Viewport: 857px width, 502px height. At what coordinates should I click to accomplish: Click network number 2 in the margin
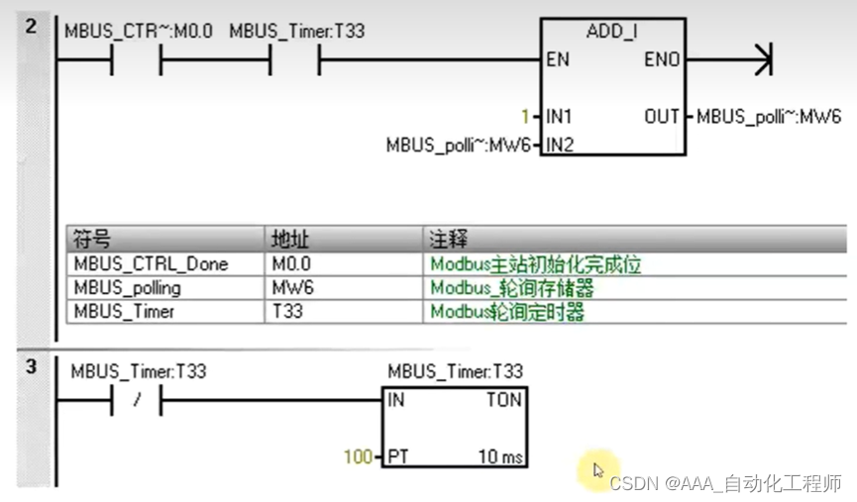(x=31, y=26)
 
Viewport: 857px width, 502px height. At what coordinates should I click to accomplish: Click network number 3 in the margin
(x=31, y=367)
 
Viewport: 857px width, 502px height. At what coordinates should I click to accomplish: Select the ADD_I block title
(x=611, y=31)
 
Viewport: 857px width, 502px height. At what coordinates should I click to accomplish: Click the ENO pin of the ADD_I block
(x=662, y=59)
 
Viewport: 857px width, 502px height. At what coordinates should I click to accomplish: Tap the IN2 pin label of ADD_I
(x=560, y=145)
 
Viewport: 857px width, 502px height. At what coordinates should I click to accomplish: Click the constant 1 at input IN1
(x=526, y=116)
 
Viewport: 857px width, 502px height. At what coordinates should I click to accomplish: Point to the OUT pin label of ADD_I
(x=662, y=116)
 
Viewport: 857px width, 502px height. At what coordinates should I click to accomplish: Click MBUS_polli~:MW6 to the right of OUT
(x=769, y=116)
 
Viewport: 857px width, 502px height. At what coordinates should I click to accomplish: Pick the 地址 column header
(x=288, y=240)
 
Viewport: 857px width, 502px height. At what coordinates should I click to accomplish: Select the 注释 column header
(x=448, y=240)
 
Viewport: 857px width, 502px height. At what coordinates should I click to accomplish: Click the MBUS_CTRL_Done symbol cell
(x=151, y=264)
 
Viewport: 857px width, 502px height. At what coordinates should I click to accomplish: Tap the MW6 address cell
(x=287, y=288)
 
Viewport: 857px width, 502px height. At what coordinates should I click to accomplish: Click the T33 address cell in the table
(x=286, y=312)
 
